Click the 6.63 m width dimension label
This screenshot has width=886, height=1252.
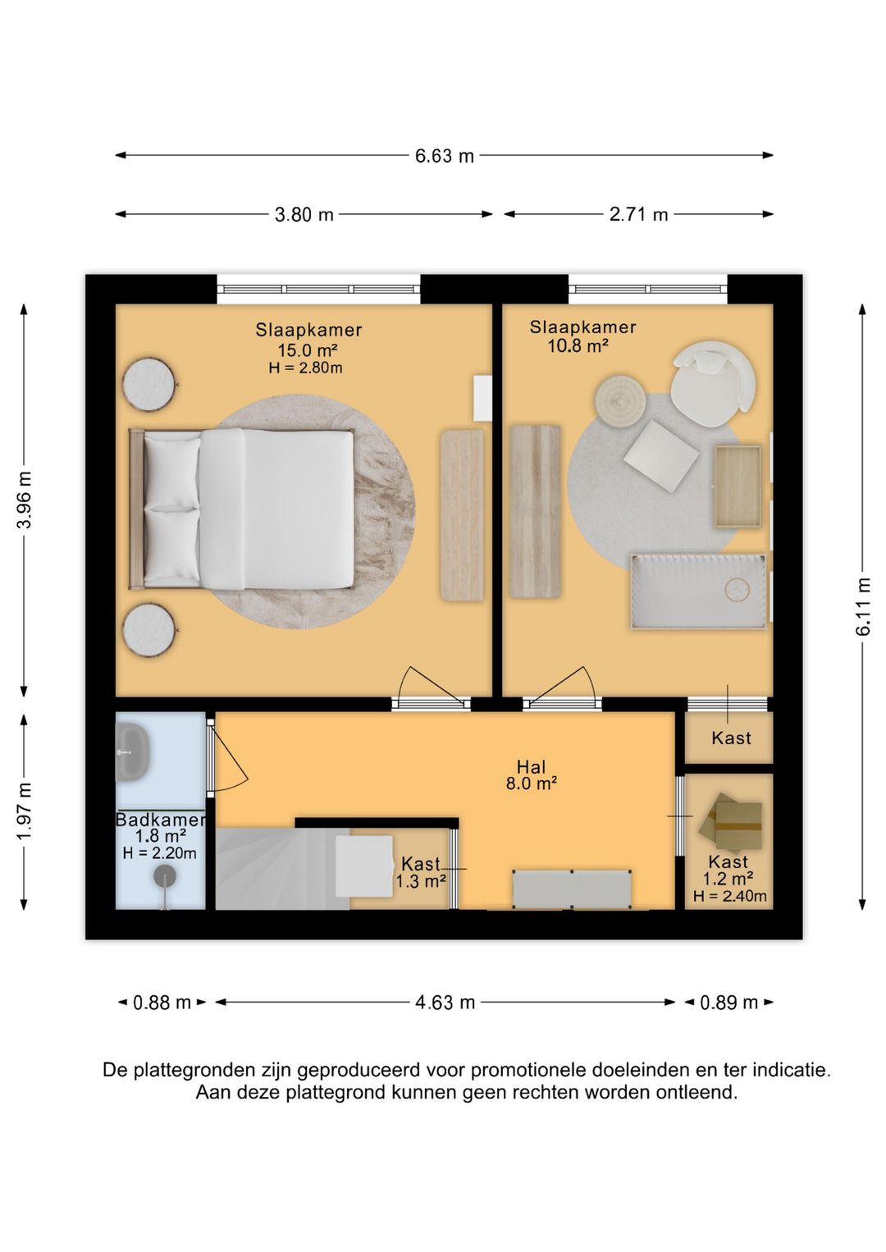pyautogui.click(x=445, y=155)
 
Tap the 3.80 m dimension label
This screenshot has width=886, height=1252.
pyautogui.click(x=304, y=214)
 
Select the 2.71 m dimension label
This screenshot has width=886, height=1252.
pyautogui.click(x=639, y=214)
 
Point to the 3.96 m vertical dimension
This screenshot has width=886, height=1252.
pyautogui.click(x=24, y=500)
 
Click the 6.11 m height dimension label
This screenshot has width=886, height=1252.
pyautogui.click(x=863, y=606)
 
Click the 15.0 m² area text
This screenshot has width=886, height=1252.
pyautogui.click(x=308, y=350)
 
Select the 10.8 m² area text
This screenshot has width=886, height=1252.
pyautogui.click(x=578, y=346)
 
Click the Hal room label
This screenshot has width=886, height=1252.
pyautogui.click(x=531, y=766)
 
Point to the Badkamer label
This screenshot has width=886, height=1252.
pyautogui.click(x=161, y=820)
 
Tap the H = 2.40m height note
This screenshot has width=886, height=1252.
pyautogui.click(x=730, y=897)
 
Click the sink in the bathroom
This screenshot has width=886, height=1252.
pyautogui.click(x=132, y=753)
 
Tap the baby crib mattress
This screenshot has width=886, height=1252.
pyautogui.click(x=699, y=591)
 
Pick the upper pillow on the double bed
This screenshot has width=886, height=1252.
pyautogui.click(x=172, y=473)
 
